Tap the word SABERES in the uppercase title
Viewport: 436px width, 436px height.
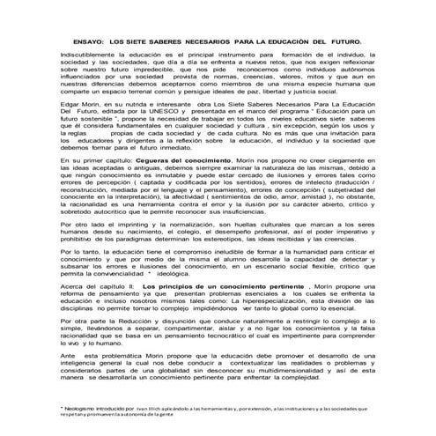tap(183, 41)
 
